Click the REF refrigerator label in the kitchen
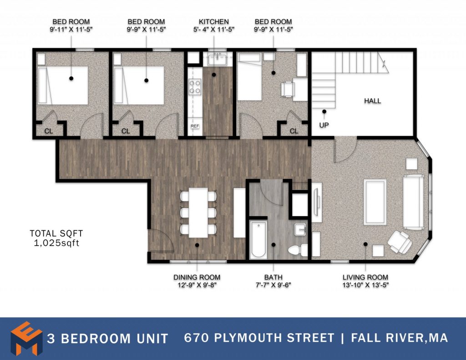[x=195, y=126]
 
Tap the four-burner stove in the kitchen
[x=195, y=86]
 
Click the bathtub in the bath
[x=258, y=239]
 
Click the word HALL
[x=372, y=101]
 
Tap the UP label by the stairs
[x=324, y=125]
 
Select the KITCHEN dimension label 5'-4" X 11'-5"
[x=214, y=29]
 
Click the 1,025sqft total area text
[x=56, y=243]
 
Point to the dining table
[x=198, y=213]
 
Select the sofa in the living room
[x=413, y=202]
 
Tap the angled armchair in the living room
[x=400, y=242]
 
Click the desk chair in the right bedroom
[x=288, y=89]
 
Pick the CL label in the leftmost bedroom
[x=48, y=131]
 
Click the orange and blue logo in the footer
[x=26, y=338]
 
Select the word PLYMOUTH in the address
[x=246, y=338]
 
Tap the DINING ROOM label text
[x=197, y=277]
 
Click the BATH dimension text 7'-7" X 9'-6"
[x=274, y=285]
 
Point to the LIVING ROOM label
[x=365, y=277]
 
